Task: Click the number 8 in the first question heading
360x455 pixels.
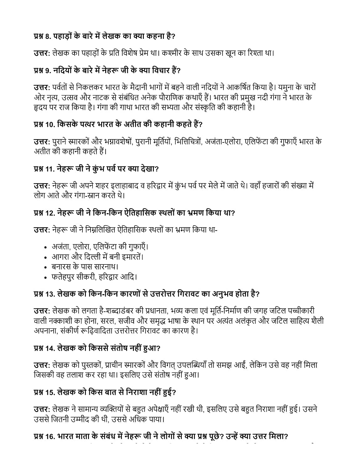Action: tap(47, 37)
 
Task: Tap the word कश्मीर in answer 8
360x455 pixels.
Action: tap(171, 53)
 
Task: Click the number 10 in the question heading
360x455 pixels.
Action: tap(50, 125)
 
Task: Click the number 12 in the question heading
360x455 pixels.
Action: tap(50, 213)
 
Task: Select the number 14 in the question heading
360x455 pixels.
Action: tap(50, 348)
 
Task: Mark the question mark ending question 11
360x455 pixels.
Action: tap(157, 169)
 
